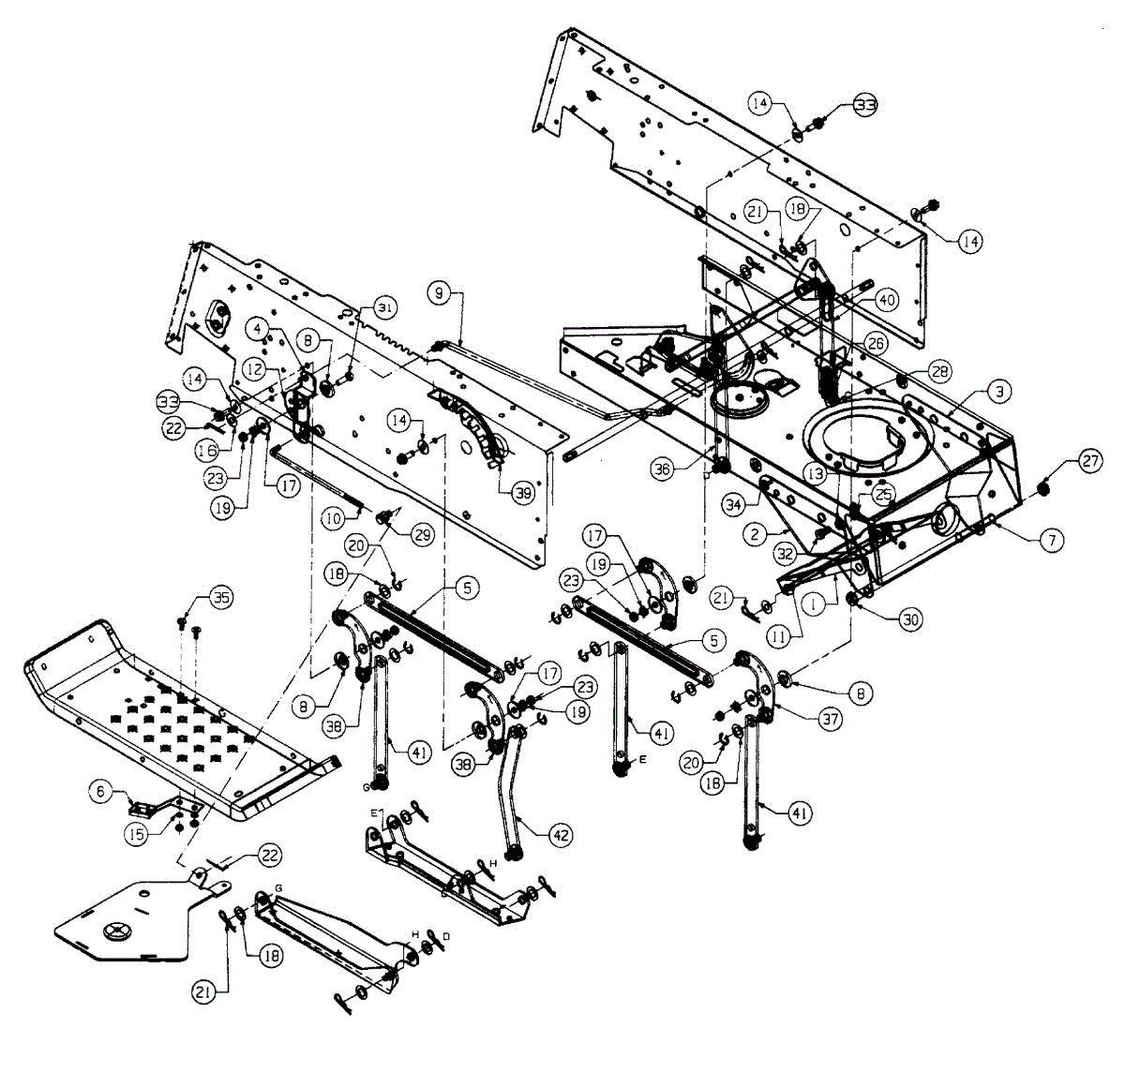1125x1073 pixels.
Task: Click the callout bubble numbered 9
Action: [438, 293]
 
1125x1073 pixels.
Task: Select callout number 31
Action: [385, 307]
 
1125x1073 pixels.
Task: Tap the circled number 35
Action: [221, 598]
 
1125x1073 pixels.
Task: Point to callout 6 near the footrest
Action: [99, 792]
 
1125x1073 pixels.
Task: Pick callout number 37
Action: [830, 718]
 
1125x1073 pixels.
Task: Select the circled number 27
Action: [1089, 462]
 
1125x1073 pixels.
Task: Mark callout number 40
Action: [887, 299]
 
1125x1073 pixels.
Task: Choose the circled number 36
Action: [664, 470]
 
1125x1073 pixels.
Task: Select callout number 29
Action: [421, 533]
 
